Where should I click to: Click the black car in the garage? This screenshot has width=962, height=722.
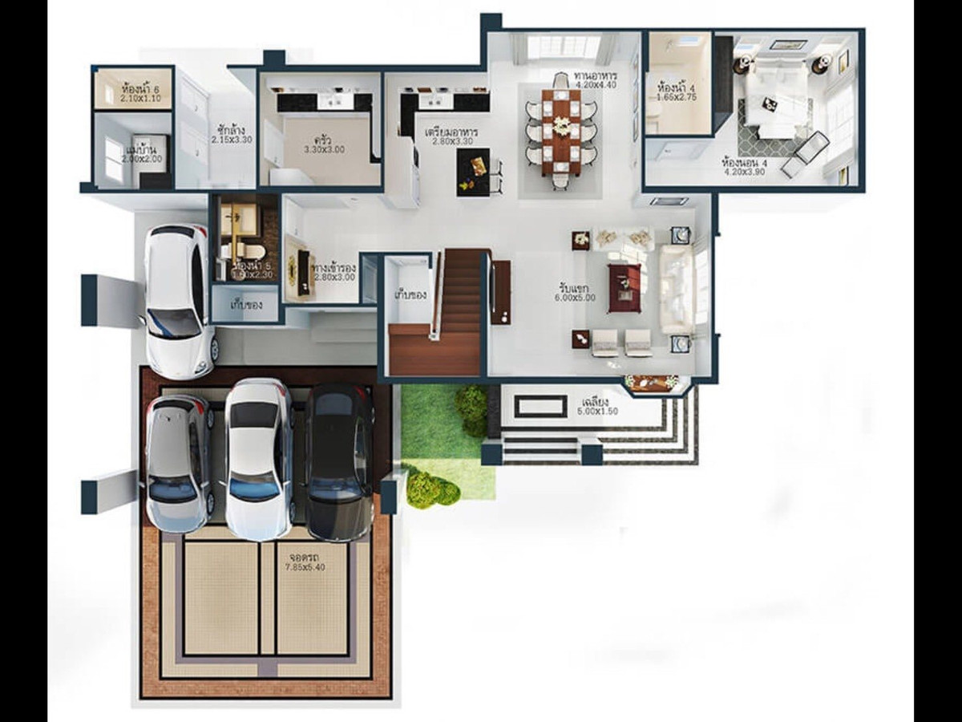click(340, 461)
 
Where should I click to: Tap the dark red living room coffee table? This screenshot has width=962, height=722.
click(624, 287)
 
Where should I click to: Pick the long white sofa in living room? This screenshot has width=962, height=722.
click(676, 289)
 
